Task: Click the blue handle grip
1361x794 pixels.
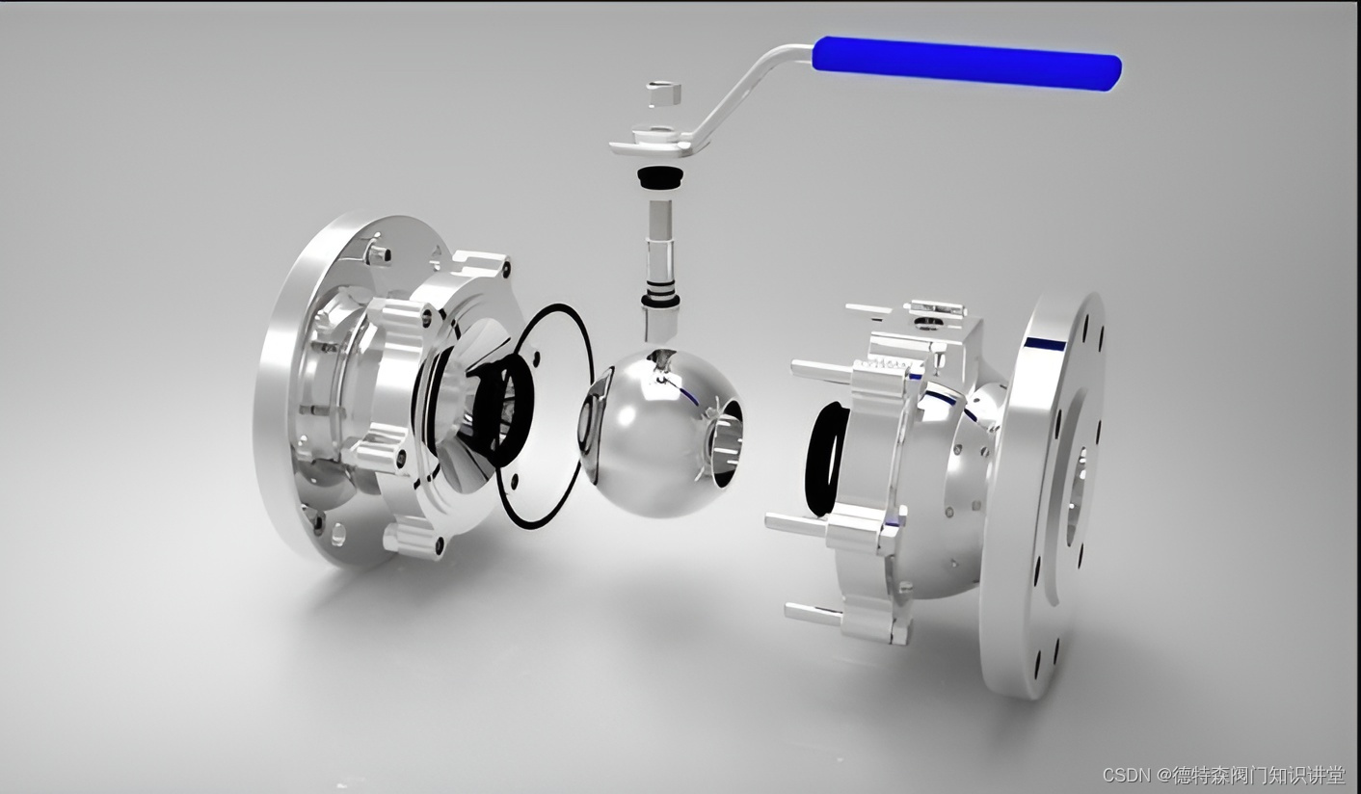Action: tap(967, 64)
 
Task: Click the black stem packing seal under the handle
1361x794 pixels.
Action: tap(660, 177)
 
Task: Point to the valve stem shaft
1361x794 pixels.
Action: tap(660, 267)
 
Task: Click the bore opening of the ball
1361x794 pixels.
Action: tap(726, 442)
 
